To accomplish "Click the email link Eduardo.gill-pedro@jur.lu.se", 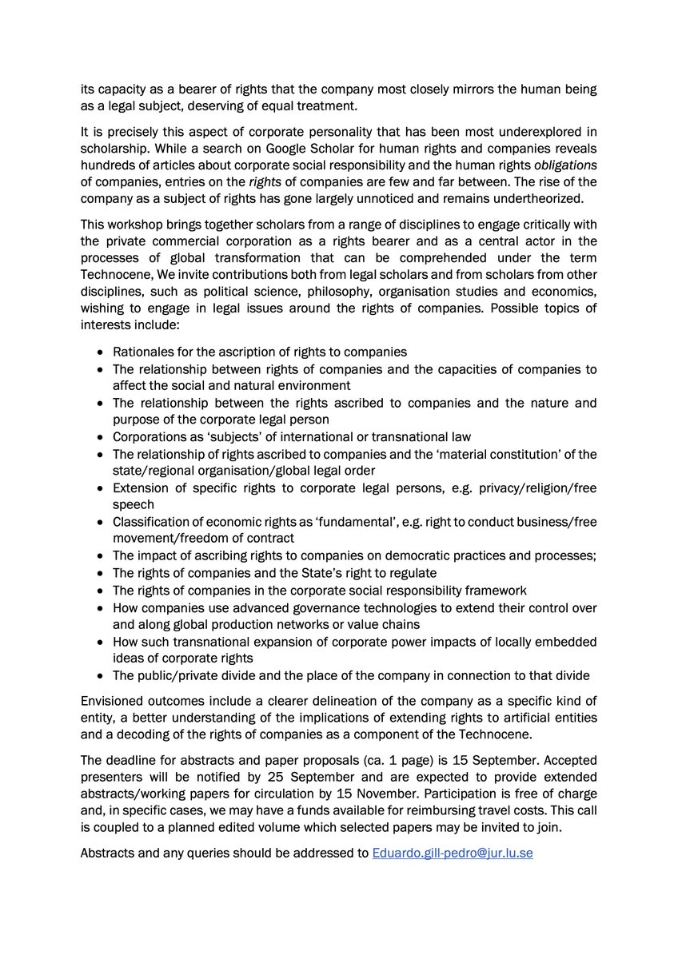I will click(453, 853).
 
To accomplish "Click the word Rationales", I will click(146, 352).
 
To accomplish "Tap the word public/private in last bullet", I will click(175, 676).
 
